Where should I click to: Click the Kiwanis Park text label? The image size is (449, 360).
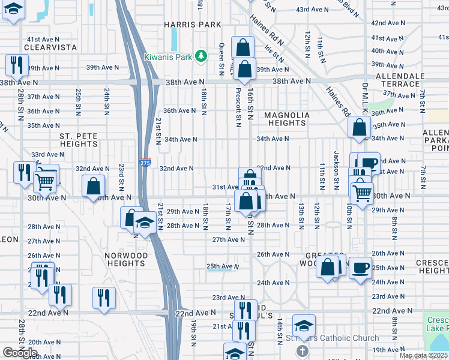(x=169, y=57)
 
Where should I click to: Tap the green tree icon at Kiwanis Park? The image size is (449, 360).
(x=203, y=57)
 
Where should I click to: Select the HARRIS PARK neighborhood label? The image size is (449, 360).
(x=193, y=25)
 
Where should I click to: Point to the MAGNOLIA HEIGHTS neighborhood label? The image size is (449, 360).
(x=287, y=119)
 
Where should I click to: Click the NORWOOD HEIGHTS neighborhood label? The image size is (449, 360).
(x=126, y=259)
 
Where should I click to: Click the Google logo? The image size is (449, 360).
(x=20, y=352)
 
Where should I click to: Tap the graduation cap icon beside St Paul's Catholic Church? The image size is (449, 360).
(x=304, y=326)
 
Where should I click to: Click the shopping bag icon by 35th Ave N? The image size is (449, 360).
(x=358, y=127)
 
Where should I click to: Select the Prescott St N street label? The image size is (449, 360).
(x=239, y=108)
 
